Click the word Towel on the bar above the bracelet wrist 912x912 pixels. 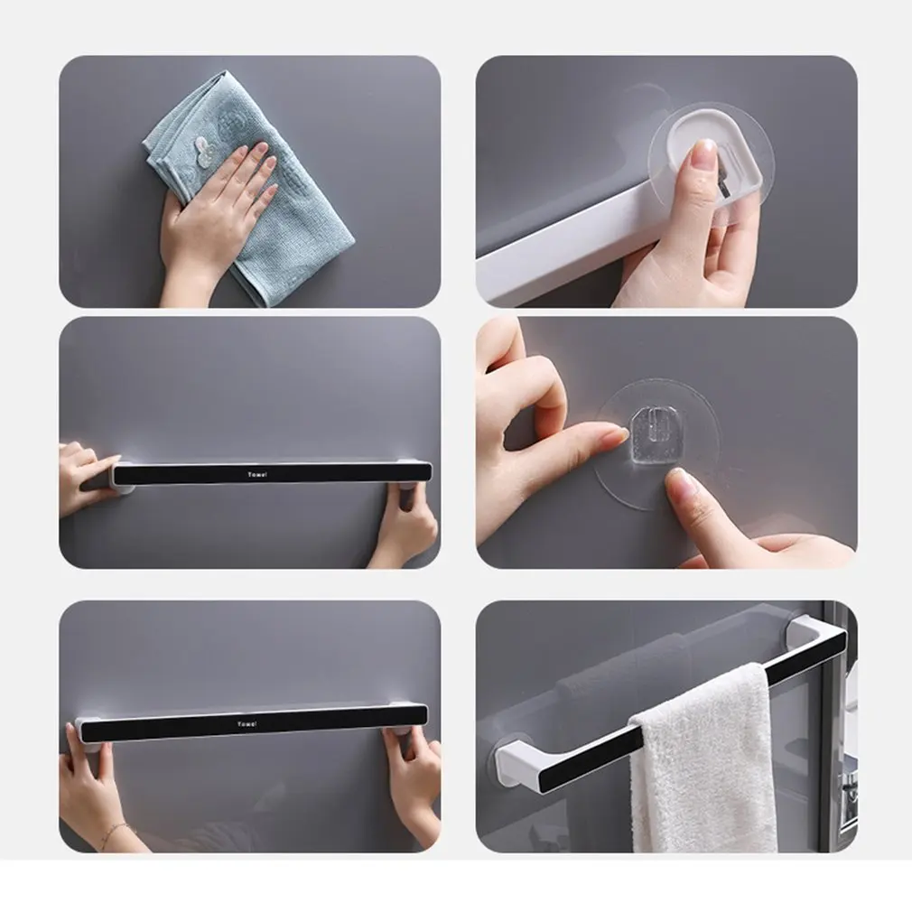(246, 724)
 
